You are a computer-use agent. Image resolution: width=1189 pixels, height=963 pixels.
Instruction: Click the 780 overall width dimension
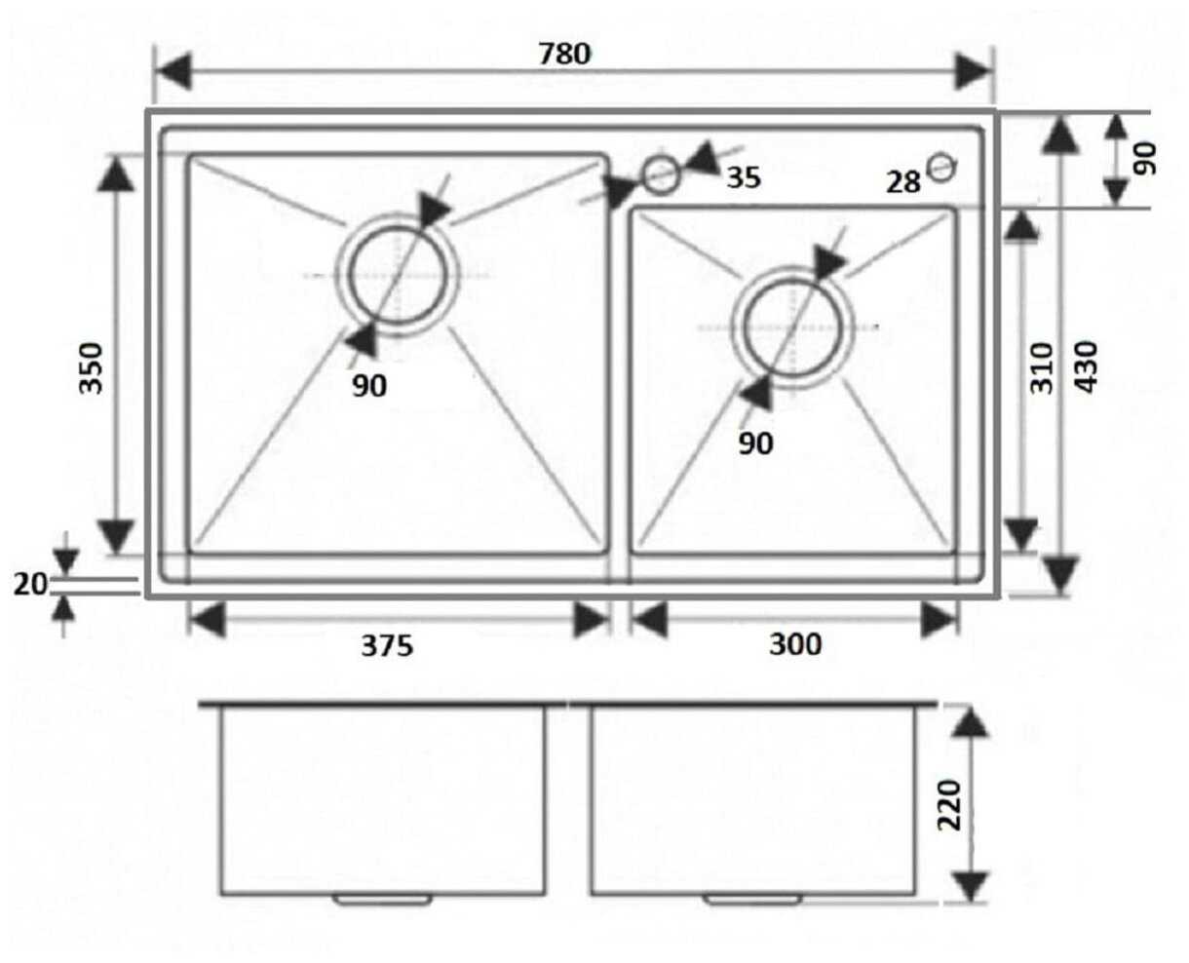pos(565,54)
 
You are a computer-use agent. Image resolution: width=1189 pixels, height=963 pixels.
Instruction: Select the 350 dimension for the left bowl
pos(90,366)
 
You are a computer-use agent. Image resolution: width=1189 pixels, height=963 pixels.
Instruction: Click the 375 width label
pos(388,645)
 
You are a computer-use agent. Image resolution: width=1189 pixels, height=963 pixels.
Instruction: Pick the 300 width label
pos(795,643)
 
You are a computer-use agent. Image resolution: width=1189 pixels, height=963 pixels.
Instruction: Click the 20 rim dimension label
pos(30,584)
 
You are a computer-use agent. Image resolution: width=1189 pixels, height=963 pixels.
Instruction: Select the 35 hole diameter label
pos(744,177)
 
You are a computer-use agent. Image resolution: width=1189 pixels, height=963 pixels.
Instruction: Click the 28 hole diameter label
pos(903,181)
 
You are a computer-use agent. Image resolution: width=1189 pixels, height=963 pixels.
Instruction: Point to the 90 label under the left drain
pos(369,387)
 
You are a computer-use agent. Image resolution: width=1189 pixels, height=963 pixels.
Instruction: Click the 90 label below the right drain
pos(755,443)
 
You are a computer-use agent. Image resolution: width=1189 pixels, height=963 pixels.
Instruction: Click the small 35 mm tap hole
pos(660,174)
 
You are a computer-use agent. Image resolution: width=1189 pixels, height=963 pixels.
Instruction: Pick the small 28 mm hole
pos(941,167)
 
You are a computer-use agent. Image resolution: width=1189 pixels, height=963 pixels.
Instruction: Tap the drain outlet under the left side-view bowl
pos(384,899)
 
